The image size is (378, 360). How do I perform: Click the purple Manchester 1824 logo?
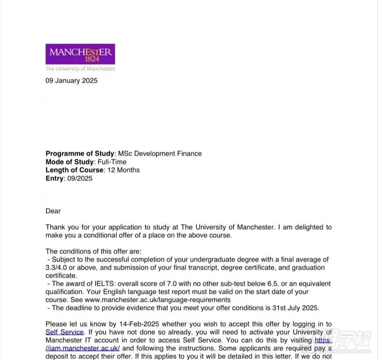click(x=80, y=54)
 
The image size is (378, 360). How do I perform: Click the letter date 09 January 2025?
click(x=71, y=81)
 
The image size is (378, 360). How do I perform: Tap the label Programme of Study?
click(x=80, y=154)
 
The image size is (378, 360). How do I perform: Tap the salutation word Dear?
click(x=53, y=211)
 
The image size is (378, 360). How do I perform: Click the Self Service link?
click(x=65, y=332)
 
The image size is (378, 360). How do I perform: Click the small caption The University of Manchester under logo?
click(x=80, y=69)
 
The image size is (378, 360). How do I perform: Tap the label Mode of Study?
click(x=70, y=162)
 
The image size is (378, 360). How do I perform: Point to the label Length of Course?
click(x=74, y=170)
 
